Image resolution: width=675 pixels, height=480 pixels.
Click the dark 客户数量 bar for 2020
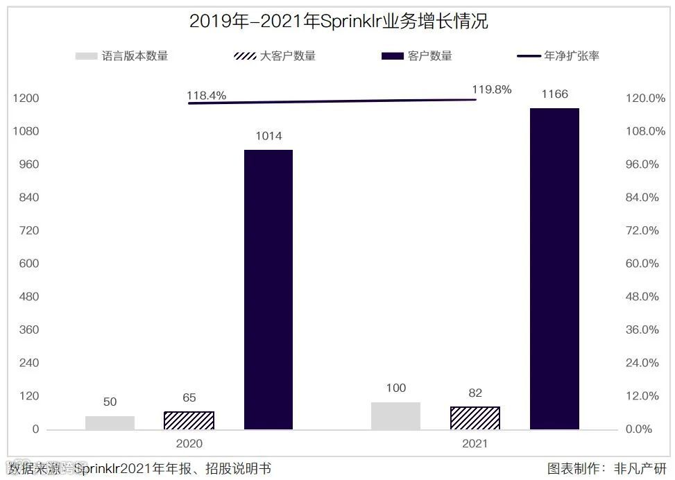268,289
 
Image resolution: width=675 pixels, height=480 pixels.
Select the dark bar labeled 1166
554,268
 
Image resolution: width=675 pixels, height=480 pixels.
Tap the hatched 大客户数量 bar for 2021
475,418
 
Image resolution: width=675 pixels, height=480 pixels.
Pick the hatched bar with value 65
189,420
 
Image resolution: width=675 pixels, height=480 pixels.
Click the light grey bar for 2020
110,422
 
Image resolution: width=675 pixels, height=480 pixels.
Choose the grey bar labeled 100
395,415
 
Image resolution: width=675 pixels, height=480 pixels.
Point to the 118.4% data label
206,96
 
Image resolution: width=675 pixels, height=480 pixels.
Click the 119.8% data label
491,89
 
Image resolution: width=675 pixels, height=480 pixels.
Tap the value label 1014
268,136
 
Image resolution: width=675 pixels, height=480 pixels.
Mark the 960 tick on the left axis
27,164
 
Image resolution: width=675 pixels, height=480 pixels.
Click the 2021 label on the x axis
475,443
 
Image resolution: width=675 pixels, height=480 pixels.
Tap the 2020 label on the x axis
189,443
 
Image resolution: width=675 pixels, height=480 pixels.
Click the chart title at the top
338,22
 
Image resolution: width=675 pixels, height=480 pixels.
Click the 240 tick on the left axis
27,363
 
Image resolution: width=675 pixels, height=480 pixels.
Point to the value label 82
475,393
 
